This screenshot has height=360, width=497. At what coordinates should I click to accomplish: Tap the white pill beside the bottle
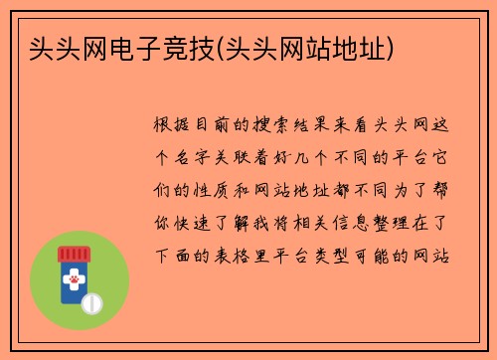click(93, 300)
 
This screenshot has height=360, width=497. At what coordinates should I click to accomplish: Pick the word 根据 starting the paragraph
click(174, 125)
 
